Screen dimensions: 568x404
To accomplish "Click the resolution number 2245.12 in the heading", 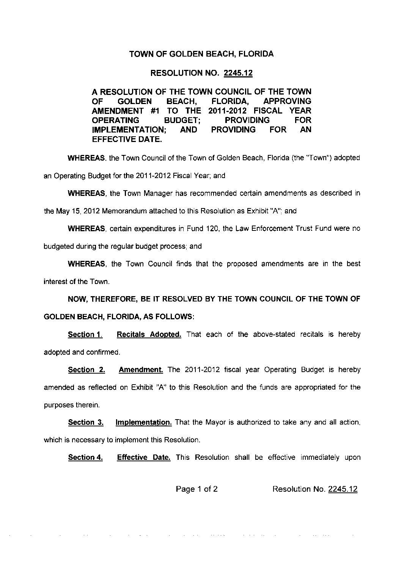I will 238,73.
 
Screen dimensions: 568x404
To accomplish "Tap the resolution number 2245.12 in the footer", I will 343,489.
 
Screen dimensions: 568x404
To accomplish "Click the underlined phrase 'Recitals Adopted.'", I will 149,334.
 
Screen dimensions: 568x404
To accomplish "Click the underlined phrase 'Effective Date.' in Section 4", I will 144,458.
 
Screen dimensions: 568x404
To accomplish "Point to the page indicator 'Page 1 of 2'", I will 196,489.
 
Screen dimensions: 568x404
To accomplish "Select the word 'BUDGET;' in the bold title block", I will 179,120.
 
